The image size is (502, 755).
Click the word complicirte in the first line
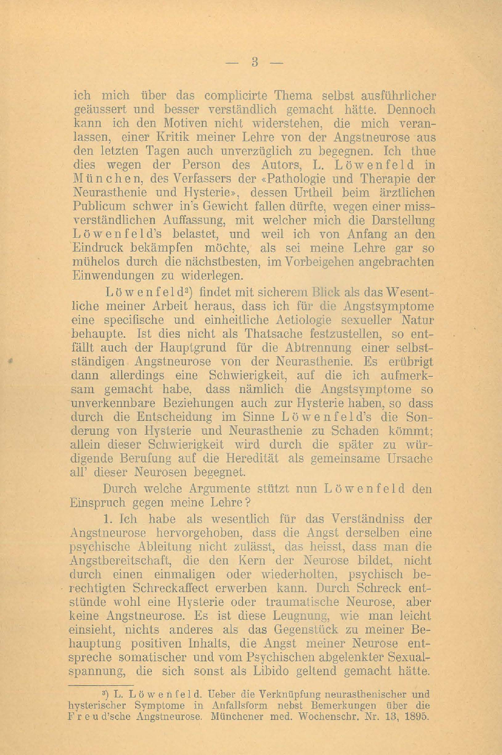(x=236, y=96)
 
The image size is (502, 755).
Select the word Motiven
(x=172, y=124)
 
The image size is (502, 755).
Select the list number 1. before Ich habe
(x=107, y=519)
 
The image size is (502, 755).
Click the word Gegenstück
(x=306, y=630)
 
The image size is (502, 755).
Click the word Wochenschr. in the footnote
(x=330, y=716)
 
